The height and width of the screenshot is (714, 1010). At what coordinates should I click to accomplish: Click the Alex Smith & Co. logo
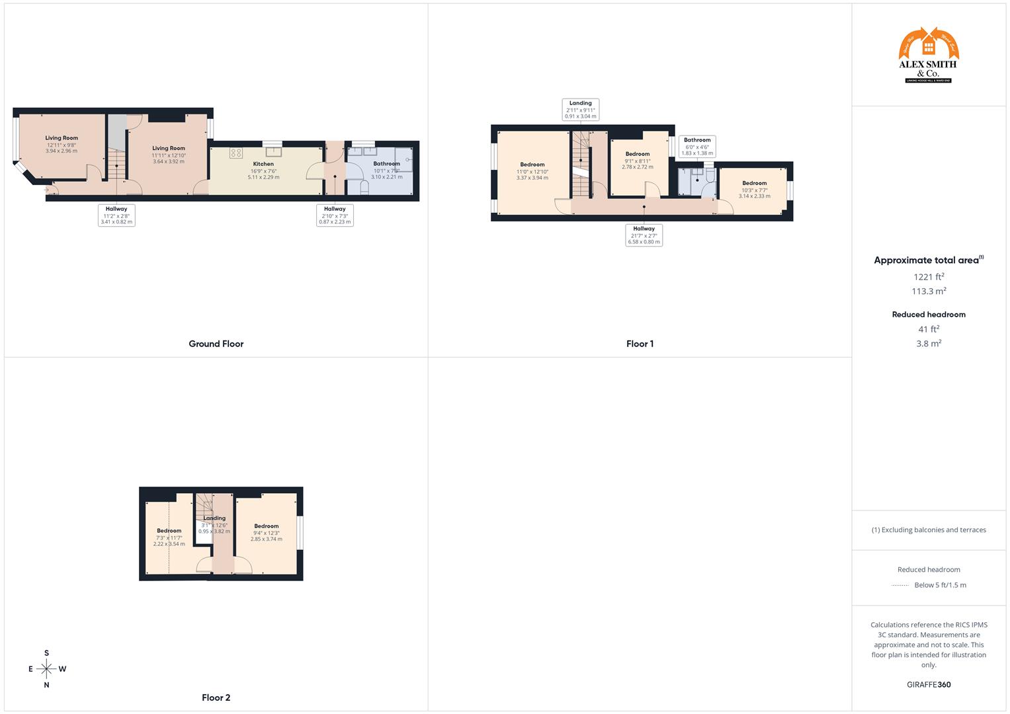[928, 56]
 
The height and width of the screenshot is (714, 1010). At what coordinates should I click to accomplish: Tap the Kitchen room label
[263, 164]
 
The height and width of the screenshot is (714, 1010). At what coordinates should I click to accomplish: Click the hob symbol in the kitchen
[235, 153]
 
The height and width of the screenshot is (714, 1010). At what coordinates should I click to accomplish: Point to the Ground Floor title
[216, 344]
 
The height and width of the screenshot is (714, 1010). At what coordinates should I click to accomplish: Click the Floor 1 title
[640, 344]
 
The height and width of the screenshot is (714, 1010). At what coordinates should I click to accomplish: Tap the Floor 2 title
[216, 697]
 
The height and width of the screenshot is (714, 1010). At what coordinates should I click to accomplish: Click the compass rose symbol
[46, 669]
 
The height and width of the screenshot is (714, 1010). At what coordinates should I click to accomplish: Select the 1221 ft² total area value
[929, 277]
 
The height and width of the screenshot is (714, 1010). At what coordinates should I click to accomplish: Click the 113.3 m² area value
[929, 291]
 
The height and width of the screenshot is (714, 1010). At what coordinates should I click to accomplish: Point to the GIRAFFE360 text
[929, 685]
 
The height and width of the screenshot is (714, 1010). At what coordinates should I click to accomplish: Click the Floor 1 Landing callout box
[581, 110]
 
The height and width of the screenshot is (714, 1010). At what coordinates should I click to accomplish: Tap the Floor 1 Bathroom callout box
[697, 146]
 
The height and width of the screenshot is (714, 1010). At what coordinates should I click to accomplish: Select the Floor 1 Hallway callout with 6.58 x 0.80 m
[644, 235]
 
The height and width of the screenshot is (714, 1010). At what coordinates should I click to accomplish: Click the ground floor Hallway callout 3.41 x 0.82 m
[116, 216]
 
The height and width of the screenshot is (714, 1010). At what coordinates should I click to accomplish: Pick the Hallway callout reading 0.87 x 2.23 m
[335, 216]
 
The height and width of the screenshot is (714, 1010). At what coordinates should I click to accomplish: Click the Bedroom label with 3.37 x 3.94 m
[532, 165]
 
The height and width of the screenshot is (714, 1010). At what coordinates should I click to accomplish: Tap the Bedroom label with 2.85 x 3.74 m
[267, 526]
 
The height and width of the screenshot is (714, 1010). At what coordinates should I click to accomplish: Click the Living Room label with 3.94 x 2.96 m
[62, 138]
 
